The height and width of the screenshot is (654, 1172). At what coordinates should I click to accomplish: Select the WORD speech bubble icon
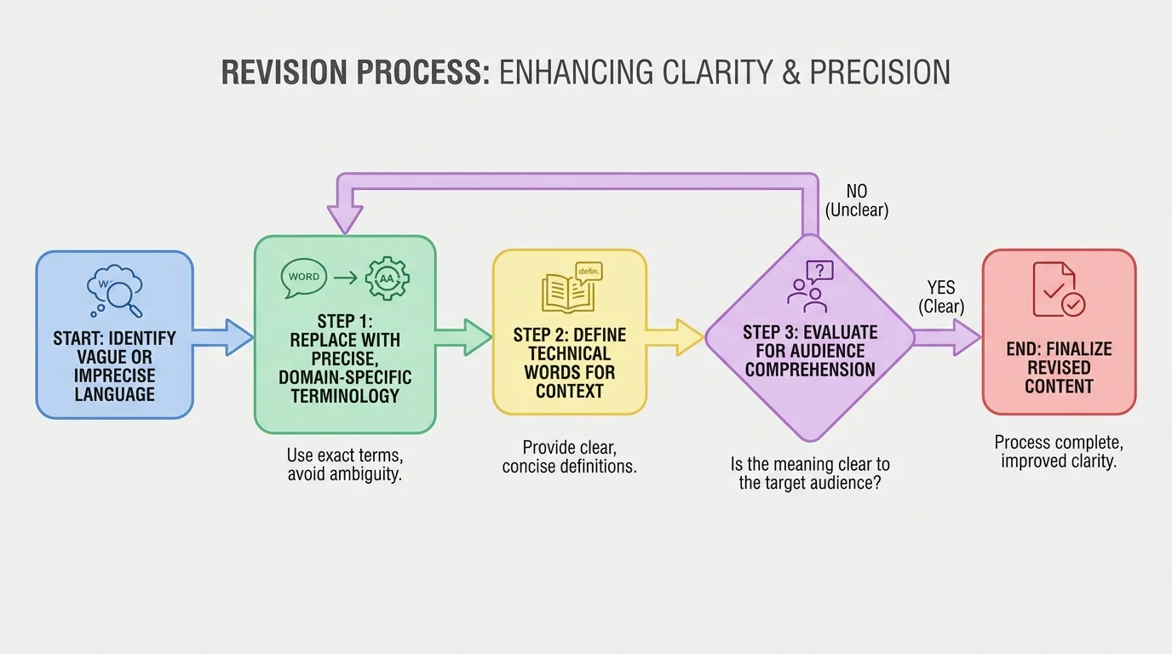click(304, 277)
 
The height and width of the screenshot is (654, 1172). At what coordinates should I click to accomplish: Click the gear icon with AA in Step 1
click(387, 277)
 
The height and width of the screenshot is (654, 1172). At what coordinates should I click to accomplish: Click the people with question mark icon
click(808, 286)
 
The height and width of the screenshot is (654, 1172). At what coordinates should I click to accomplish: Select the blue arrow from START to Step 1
click(223, 336)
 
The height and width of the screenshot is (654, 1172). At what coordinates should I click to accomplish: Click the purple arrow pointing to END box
click(947, 337)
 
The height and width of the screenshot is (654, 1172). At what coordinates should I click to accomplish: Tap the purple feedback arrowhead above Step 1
click(345, 221)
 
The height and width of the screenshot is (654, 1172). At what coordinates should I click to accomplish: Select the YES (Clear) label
click(941, 297)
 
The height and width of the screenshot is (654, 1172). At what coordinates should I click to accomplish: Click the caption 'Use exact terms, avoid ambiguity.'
click(344, 465)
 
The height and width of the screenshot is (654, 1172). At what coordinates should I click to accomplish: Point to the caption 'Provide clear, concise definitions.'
click(569, 457)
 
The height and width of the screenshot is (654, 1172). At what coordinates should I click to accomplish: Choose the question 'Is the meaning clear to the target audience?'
click(809, 473)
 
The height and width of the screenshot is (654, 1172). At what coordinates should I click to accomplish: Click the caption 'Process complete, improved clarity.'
click(1058, 452)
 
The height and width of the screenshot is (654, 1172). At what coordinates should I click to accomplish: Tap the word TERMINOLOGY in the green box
click(345, 395)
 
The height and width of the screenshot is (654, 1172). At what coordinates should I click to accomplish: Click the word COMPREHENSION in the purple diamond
click(809, 370)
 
